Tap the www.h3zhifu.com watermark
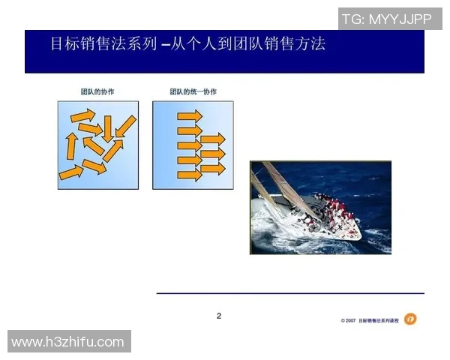tap(68, 342)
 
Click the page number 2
tap(219, 316)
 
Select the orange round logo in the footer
tap(410, 319)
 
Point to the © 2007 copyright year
tap(348, 320)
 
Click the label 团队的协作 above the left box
tap(97, 91)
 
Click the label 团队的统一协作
tap(193, 91)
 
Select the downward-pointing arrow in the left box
tap(108, 127)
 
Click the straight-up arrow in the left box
tap(72, 146)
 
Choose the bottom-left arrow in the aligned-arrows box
tap(190, 175)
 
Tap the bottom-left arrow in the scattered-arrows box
tap(71, 173)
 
